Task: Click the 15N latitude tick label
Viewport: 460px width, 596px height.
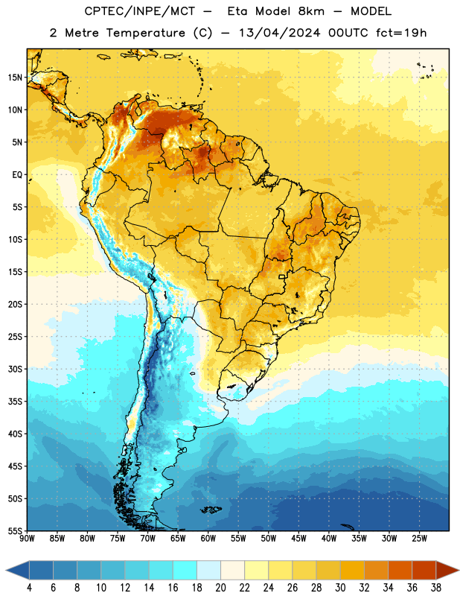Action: (x=15, y=77)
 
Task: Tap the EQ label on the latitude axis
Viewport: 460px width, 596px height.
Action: (x=17, y=175)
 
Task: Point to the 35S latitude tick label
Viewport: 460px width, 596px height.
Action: (x=15, y=402)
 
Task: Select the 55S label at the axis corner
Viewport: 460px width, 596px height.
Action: (x=15, y=530)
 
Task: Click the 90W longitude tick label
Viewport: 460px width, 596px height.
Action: (x=27, y=538)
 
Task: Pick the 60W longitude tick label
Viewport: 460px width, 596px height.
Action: (x=208, y=538)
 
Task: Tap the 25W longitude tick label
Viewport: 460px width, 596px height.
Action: (x=419, y=538)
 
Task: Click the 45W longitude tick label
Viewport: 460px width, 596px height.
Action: (x=298, y=538)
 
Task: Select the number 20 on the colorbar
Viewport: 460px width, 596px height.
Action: (x=220, y=588)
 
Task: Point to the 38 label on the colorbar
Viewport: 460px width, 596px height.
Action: (x=436, y=588)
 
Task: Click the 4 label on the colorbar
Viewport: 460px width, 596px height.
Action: (x=29, y=588)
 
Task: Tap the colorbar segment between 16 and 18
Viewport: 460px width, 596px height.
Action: (x=185, y=570)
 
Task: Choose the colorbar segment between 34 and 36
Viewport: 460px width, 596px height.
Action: (x=400, y=570)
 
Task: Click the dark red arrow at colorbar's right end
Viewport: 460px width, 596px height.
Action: (x=447, y=570)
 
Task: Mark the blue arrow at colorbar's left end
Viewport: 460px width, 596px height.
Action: (x=18, y=570)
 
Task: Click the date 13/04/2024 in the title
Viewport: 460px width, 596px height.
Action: (x=279, y=33)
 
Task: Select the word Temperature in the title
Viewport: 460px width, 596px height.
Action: (x=146, y=34)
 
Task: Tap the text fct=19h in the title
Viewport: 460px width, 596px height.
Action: (x=401, y=33)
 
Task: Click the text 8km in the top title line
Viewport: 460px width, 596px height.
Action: (x=311, y=11)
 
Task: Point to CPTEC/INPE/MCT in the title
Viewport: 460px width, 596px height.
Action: (x=140, y=11)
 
